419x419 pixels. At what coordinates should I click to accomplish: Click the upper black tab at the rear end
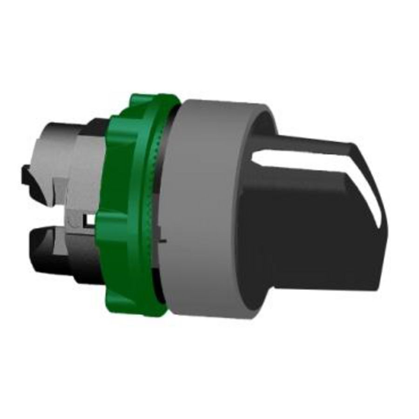[28, 179]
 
